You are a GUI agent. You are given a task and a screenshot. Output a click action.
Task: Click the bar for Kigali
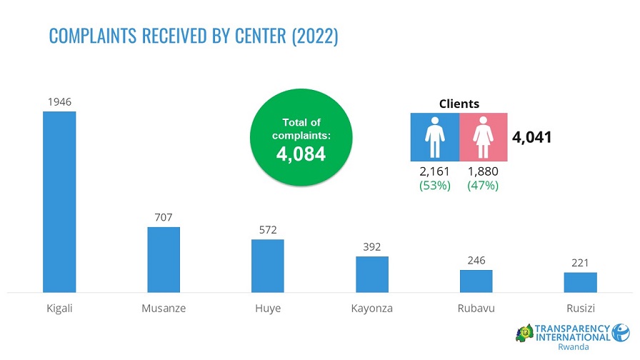tap(59, 201)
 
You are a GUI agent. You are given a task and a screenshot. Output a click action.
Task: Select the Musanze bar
tap(164, 259)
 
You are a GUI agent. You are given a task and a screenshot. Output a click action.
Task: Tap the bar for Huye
tap(268, 266)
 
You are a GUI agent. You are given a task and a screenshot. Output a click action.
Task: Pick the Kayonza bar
tap(372, 274)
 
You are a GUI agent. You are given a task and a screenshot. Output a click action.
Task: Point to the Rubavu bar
tap(476, 281)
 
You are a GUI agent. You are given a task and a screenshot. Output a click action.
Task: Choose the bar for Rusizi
tap(580, 282)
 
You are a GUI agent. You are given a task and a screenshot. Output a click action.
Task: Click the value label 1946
tap(59, 102)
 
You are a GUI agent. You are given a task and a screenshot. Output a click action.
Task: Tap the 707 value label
tap(164, 217)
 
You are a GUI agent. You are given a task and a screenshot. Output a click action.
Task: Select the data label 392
tap(372, 246)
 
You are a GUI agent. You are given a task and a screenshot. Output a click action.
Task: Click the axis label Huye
tap(268, 309)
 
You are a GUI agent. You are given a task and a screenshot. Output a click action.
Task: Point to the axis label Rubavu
tap(476, 309)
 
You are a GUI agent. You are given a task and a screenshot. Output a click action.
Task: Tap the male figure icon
tap(434, 137)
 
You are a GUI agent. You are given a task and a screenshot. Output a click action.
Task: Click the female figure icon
tap(483, 137)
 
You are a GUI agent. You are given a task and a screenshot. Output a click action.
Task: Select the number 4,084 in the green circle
tap(301, 154)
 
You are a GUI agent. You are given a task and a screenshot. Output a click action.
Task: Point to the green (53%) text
tap(434, 185)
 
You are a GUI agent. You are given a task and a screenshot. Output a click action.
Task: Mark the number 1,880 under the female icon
tap(483, 171)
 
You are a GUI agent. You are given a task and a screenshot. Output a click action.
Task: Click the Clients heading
tap(459, 104)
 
